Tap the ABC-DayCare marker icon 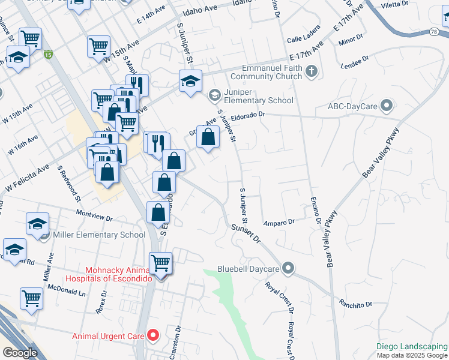pos(387,107)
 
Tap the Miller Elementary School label pos(99,235)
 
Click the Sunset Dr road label pos(247,233)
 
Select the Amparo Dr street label pos(279,222)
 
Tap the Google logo pos(20,353)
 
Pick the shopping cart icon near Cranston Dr pos(160,263)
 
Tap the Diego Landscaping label pos(412,346)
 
